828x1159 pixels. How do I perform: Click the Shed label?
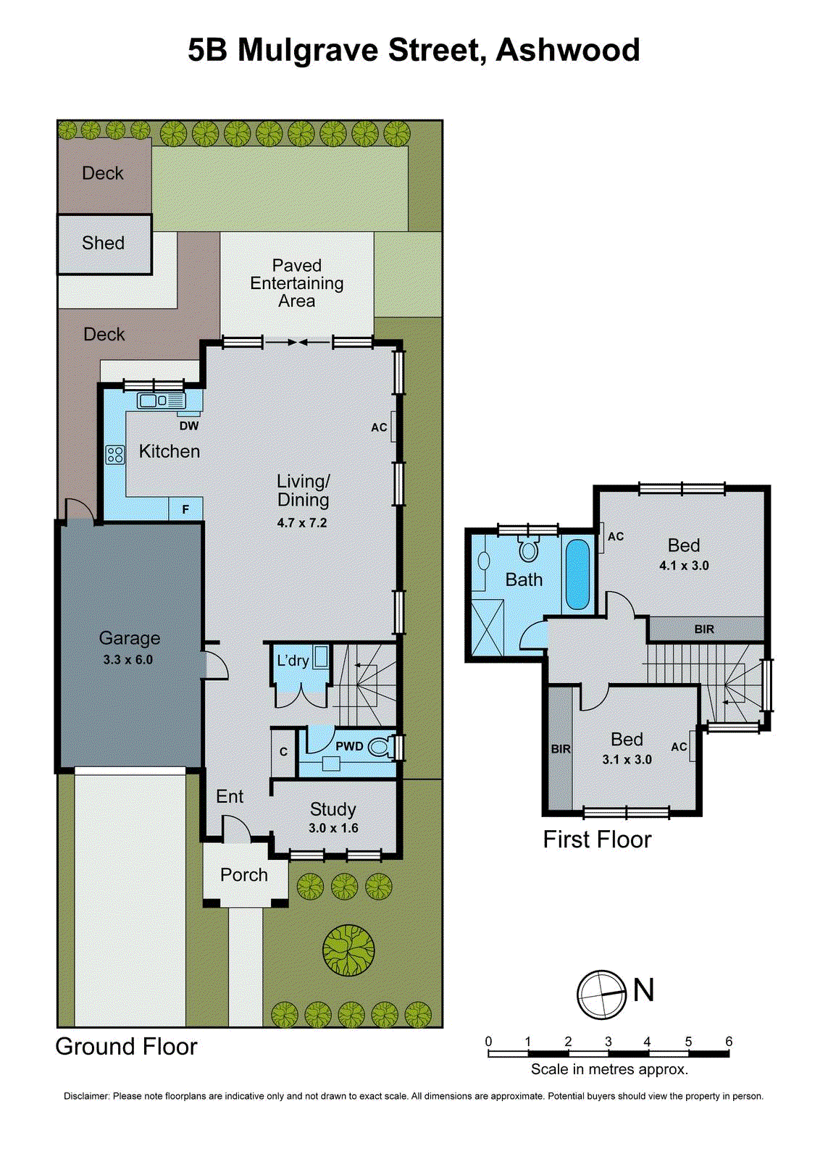coord(103,243)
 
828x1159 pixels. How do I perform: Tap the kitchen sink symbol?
coord(161,400)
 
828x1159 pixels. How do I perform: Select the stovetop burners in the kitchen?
coord(115,455)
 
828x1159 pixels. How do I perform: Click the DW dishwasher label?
coord(189,426)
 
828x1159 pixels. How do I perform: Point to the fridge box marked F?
coord(185,509)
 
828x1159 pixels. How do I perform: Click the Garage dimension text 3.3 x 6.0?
coord(127,660)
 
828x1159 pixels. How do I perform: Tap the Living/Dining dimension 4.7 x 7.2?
coord(302,523)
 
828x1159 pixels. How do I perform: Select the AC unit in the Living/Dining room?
coord(393,427)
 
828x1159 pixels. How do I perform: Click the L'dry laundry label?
coord(293,661)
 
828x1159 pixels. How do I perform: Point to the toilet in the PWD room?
coord(380,746)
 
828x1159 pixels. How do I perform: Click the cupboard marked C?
coord(283,752)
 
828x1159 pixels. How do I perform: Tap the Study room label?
coord(333,809)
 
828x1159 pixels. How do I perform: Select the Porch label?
coord(244,875)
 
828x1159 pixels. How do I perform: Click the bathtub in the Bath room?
coord(577,574)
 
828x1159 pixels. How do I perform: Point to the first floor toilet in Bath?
coord(529,549)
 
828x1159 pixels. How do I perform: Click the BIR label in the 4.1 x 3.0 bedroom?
coord(704,629)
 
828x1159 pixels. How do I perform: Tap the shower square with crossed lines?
coord(487,628)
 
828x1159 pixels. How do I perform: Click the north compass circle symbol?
coord(601,995)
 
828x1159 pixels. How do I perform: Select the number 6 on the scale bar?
coord(729,1042)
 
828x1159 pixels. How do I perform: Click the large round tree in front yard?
coord(349,950)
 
